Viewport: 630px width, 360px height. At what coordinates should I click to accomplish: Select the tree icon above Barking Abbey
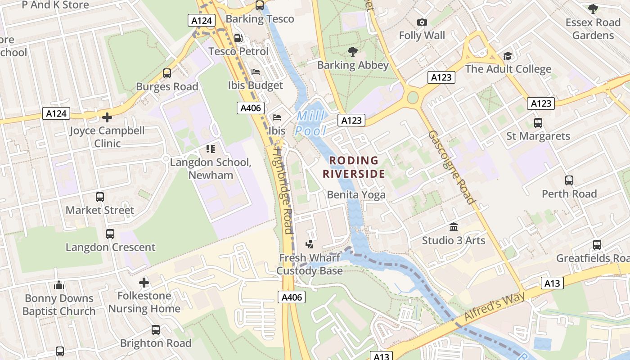tap(353, 52)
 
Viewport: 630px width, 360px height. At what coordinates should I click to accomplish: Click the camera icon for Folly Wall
tap(422, 22)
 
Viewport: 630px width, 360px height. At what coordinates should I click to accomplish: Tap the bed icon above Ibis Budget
tap(255, 72)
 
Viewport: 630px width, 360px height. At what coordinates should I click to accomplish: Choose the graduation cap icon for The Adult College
tap(508, 56)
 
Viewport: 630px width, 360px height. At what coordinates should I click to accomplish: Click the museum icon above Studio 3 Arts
tap(453, 227)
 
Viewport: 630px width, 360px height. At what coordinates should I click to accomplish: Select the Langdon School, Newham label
tap(211, 168)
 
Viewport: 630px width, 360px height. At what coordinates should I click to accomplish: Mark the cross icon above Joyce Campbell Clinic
tap(107, 117)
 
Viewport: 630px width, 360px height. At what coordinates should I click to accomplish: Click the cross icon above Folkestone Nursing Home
tap(144, 283)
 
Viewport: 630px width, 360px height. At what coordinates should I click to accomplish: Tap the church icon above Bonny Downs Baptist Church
tap(58, 285)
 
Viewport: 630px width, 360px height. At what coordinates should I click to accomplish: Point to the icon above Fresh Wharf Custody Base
tap(309, 245)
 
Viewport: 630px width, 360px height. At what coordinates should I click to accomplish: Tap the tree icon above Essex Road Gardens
tap(593, 9)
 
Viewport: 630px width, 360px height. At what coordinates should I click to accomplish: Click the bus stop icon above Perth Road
tap(569, 180)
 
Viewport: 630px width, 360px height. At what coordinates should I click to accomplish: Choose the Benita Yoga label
tap(356, 194)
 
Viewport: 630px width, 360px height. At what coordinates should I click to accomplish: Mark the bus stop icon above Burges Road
tap(167, 73)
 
